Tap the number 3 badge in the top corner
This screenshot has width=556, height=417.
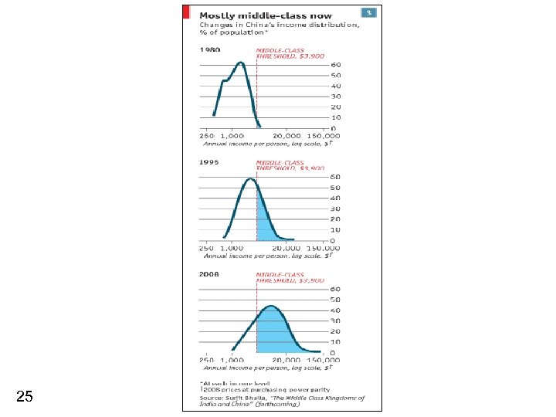(x=370, y=12)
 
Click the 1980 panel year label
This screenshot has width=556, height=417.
(x=210, y=49)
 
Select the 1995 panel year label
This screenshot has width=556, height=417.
(x=210, y=163)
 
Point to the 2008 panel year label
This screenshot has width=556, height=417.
(x=210, y=274)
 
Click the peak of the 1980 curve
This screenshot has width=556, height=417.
(x=241, y=63)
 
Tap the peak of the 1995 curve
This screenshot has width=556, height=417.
(x=250, y=179)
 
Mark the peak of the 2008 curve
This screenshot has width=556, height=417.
(x=270, y=307)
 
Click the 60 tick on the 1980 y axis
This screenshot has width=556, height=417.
(x=336, y=65)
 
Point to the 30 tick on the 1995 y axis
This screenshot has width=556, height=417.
(x=336, y=208)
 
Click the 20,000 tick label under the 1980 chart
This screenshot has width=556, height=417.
(x=286, y=135)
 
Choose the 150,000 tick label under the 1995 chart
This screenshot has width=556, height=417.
(x=323, y=248)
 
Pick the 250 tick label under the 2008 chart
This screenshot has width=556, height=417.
(x=207, y=361)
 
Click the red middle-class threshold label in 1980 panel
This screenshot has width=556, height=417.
(x=290, y=53)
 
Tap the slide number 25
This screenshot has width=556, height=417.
(x=24, y=397)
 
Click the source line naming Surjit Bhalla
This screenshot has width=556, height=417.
(x=282, y=398)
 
